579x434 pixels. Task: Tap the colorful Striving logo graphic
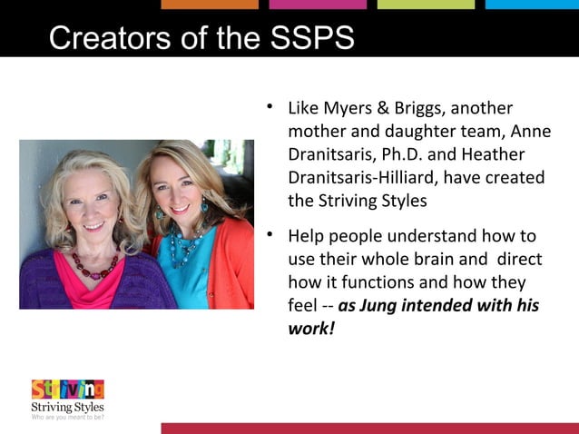coord(67,390)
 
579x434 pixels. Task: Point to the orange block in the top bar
coord(210,5)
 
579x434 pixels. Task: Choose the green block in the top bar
coord(426,5)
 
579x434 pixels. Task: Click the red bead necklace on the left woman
coord(95,264)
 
